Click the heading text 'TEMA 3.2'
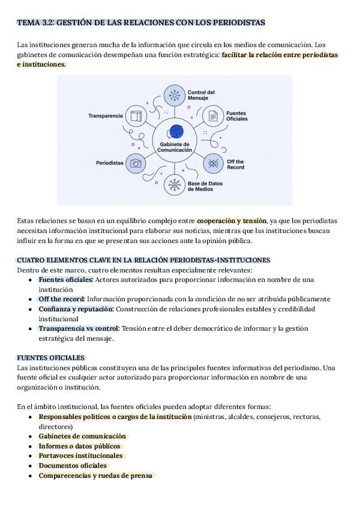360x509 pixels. click(36, 23)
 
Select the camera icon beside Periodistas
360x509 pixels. click(136, 163)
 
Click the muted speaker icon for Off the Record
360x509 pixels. click(213, 163)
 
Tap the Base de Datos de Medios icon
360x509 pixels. click(175, 185)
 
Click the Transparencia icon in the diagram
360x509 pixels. click(136, 115)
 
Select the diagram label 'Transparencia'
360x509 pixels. click(106, 115)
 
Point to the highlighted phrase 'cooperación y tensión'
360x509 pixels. click(232, 221)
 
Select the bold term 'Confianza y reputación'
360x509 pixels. click(76, 309)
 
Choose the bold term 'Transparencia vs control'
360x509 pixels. click(79, 328)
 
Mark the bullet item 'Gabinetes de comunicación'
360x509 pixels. click(82, 436)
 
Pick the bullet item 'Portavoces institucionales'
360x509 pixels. click(80, 456)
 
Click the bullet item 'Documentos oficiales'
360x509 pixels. click(73, 465)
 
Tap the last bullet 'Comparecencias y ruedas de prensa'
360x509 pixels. click(95, 475)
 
